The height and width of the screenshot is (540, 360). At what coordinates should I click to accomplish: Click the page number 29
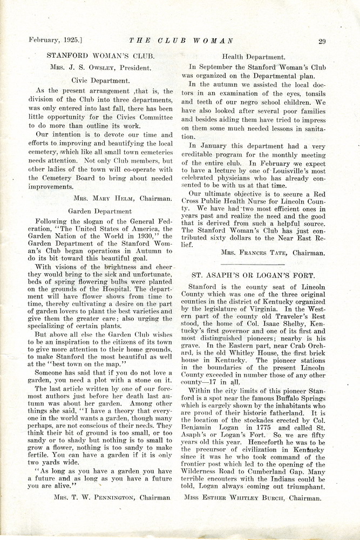click(x=322, y=41)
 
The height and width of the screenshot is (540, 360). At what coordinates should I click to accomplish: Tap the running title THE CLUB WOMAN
click(x=181, y=40)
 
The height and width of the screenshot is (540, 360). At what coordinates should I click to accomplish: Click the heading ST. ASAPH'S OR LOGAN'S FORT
click(x=253, y=275)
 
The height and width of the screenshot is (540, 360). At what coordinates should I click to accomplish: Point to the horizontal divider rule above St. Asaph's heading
click(x=253, y=264)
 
